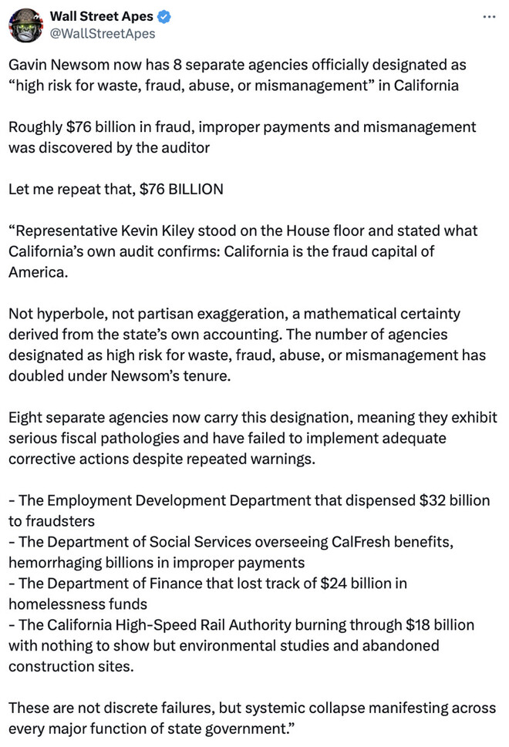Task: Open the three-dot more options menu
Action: point(488,16)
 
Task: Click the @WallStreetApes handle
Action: point(102,33)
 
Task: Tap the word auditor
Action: point(184,147)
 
